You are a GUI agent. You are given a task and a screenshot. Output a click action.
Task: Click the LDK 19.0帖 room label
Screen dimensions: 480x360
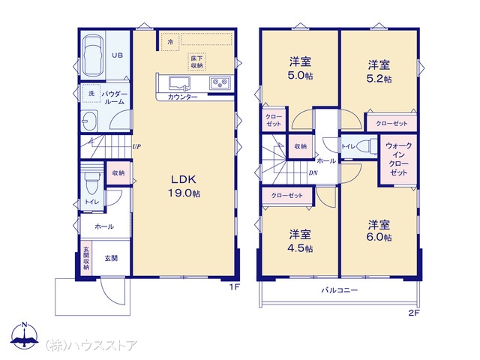(184, 186)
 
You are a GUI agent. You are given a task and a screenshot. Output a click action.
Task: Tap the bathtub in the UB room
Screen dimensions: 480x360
(93, 56)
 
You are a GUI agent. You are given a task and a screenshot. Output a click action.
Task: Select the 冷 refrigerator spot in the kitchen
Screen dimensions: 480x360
(170, 42)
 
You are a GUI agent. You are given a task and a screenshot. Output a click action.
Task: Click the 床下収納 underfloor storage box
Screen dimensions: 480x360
(196, 61)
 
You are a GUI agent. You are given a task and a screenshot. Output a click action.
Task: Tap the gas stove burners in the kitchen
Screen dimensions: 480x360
(220, 82)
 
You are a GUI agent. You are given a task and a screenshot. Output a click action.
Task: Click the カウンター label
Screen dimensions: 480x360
(183, 97)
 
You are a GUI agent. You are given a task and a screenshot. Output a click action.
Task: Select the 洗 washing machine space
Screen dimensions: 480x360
(91, 93)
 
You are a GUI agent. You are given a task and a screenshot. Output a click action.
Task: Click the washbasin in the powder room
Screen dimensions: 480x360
(90, 120)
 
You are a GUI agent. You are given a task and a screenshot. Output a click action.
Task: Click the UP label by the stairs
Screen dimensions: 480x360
(136, 147)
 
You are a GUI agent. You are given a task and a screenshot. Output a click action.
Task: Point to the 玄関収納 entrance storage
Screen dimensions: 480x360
(86, 258)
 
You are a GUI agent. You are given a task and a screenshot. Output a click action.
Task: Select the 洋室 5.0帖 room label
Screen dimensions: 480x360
(300, 68)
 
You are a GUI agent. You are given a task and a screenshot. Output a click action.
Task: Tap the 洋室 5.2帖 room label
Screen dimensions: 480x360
(379, 71)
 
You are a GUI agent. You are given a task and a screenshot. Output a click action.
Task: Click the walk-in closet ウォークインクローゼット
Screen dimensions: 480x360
(398, 159)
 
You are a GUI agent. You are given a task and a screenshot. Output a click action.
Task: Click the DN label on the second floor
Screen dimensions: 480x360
(313, 173)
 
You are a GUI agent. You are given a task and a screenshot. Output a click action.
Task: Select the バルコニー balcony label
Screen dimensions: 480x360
(340, 290)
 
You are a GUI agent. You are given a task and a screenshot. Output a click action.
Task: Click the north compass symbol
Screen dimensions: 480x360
(25, 335)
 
